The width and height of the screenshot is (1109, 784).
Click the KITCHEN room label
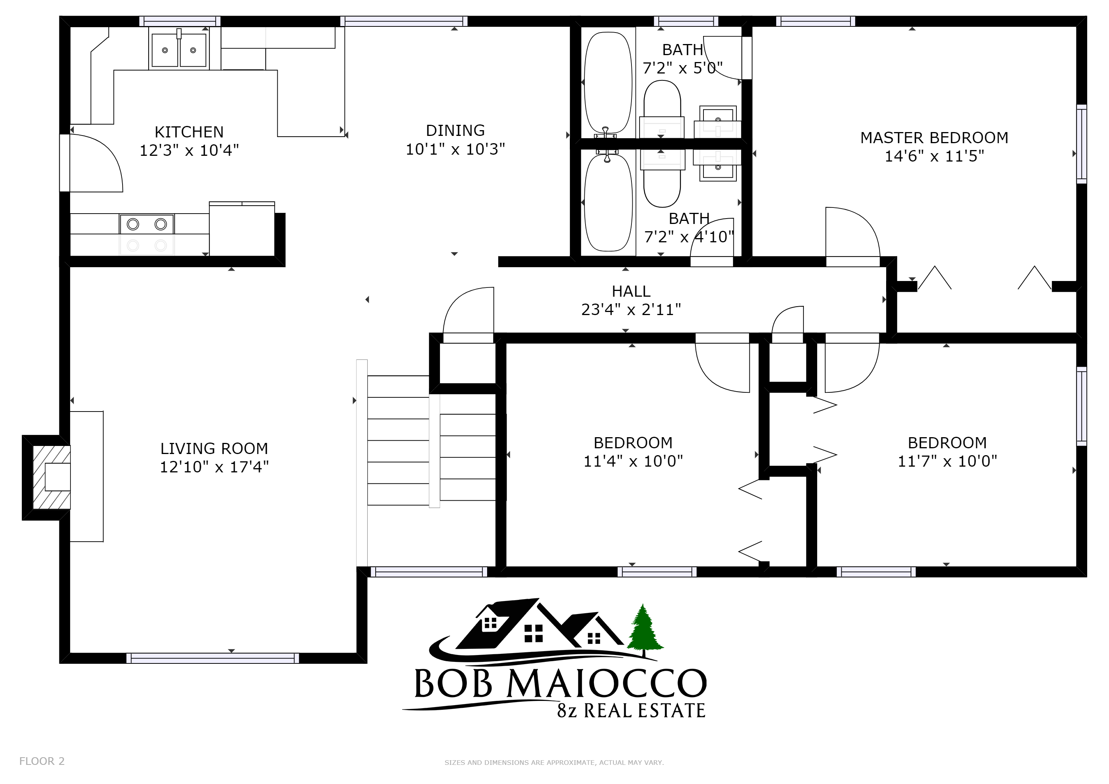click(x=189, y=132)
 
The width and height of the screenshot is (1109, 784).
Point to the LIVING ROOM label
click(x=214, y=449)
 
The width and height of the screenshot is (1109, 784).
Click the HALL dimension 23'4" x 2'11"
click(x=631, y=309)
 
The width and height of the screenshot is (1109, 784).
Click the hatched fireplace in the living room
click(x=51, y=477)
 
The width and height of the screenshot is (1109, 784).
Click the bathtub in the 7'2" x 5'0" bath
click(x=608, y=83)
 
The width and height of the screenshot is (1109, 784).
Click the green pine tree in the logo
click(x=645, y=630)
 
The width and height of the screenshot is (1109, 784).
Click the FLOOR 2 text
click(x=41, y=761)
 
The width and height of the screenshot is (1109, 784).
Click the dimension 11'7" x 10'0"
click(x=947, y=461)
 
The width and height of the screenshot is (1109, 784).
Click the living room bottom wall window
click(x=213, y=658)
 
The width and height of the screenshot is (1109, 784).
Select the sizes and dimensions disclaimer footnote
click(x=554, y=763)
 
